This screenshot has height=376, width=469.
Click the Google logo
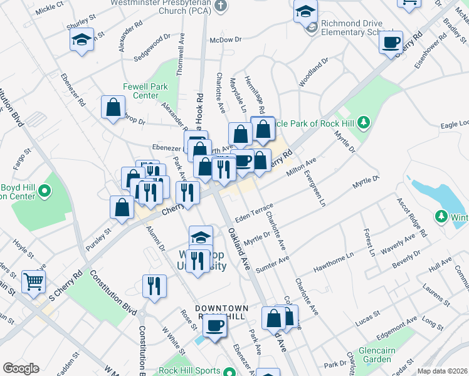[x=21, y=368]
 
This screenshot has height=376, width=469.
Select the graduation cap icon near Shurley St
[x=82, y=39]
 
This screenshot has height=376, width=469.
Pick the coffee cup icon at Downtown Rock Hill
[x=215, y=325]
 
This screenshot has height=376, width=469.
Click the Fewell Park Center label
[x=141, y=91]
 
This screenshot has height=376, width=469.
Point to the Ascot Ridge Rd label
[x=411, y=217]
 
